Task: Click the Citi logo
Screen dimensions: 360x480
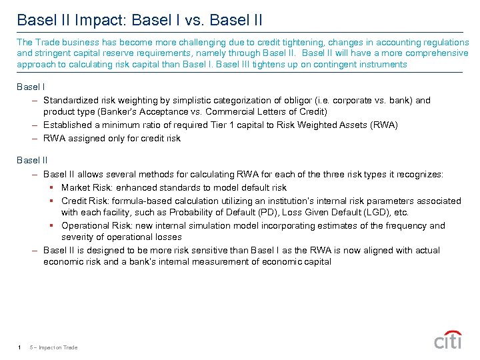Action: [x=448, y=340]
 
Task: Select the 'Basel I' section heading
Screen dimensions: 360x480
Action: [x=31, y=86]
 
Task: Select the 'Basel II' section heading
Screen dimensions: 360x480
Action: [x=33, y=160]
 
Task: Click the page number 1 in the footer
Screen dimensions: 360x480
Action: [x=21, y=347]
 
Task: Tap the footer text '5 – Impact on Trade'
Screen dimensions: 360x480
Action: [x=54, y=347]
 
